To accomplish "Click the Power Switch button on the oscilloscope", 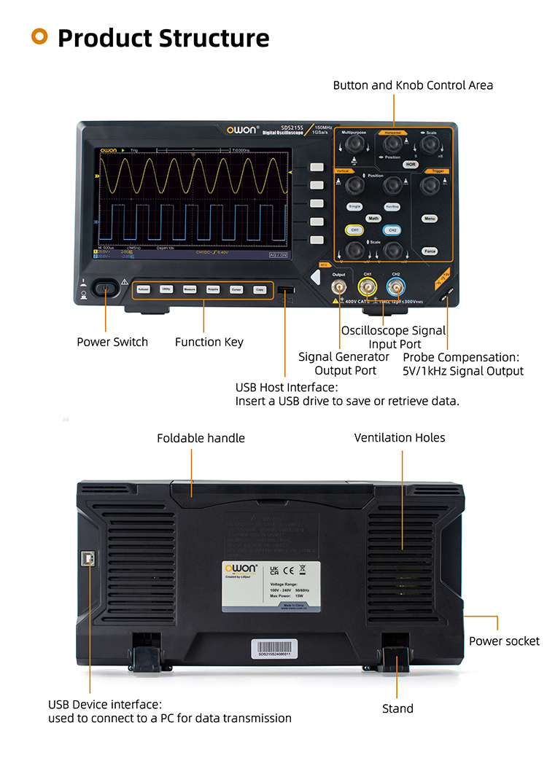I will (106, 289).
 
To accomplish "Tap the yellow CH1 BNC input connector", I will (368, 289).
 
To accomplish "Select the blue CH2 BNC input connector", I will (395, 289).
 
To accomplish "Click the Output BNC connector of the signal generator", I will (339, 289).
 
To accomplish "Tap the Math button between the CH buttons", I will (373, 218).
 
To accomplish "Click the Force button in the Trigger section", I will (430, 251).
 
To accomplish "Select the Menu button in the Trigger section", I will (430, 218).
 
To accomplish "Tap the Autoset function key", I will (144, 289).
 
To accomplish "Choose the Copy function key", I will (259, 289).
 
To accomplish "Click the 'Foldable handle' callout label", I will (201, 438).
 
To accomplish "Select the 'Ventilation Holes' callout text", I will (399, 437).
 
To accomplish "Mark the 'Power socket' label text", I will (504, 641).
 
